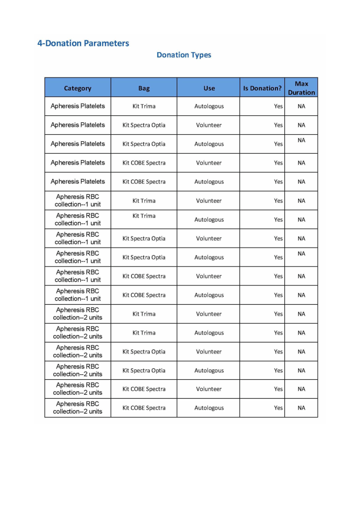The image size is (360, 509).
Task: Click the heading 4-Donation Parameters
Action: click(x=83, y=43)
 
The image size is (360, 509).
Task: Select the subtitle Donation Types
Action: click(x=183, y=55)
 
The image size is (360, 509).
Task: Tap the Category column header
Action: click(x=78, y=88)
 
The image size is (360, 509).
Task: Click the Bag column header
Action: click(x=144, y=88)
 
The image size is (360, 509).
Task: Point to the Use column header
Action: click(x=209, y=88)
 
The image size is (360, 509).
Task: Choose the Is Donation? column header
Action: click(x=262, y=88)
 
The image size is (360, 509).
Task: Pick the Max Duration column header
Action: click(x=301, y=88)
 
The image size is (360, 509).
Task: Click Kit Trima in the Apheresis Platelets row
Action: click(x=144, y=106)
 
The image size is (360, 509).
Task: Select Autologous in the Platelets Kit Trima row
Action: click(x=209, y=106)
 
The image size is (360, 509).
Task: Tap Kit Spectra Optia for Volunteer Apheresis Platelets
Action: click(x=144, y=125)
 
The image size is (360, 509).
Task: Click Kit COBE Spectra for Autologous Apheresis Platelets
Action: click(x=144, y=182)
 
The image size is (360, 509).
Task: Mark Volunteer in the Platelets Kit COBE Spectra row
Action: click(x=209, y=163)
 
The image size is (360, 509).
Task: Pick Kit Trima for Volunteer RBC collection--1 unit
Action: click(x=144, y=201)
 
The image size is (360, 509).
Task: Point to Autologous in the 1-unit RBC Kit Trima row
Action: click(x=209, y=220)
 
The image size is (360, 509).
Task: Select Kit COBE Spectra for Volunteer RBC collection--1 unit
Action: click(x=144, y=276)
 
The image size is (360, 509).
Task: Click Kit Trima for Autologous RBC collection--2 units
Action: click(x=144, y=333)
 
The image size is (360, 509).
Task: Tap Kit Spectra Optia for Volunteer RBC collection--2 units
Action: click(x=144, y=352)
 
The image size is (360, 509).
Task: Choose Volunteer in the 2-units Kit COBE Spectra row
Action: click(x=209, y=389)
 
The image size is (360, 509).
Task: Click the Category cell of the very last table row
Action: click(x=78, y=408)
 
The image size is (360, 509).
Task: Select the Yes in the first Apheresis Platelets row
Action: click(x=278, y=106)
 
